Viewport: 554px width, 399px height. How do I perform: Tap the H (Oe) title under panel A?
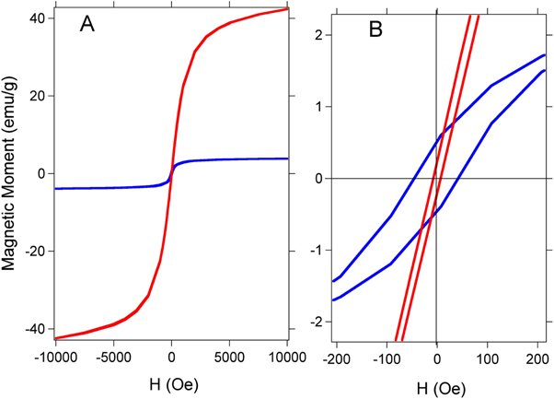tap(171, 382)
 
